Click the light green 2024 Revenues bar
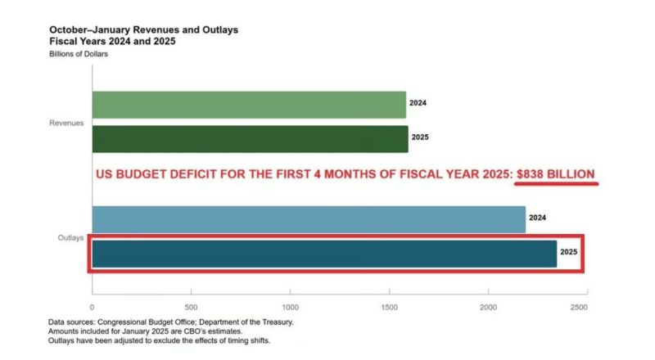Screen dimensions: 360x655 pyautogui.click(x=249, y=104)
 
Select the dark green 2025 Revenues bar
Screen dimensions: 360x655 pyautogui.click(x=250, y=138)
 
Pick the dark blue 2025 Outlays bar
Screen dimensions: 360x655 pyautogui.click(x=324, y=254)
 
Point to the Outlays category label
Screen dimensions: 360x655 pyautogui.click(x=70, y=237)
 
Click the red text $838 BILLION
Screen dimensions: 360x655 pyautogui.click(x=555, y=174)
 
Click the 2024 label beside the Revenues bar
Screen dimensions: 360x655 pyautogui.click(x=418, y=104)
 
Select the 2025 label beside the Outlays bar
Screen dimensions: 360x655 pyautogui.click(x=569, y=254)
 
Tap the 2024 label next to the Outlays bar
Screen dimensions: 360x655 pyautogui.click(x=538, y=218)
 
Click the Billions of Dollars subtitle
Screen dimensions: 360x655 pyautogui.click(x=79, y=54)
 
